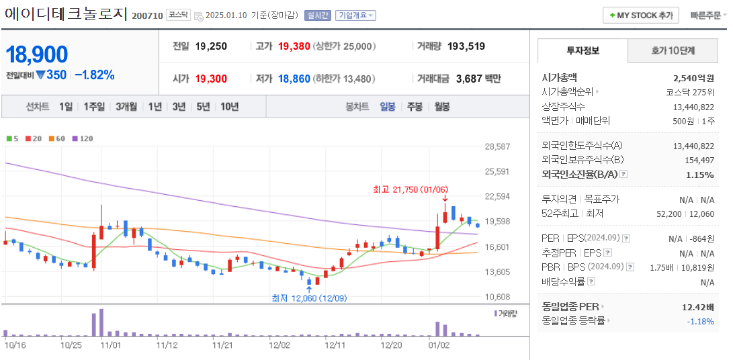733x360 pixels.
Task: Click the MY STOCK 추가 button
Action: (x=641, y=15)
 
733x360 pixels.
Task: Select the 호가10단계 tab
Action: (x=673, y=50)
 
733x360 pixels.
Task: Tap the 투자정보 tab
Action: (x=583, y=50)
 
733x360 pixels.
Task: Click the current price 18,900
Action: (x=38, y=54)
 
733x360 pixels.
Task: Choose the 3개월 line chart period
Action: (x=126, y=106)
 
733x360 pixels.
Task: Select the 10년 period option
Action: (x=229, y=106)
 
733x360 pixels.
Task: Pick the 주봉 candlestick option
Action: (x=415, y=106)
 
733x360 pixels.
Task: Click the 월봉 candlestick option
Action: (x=441, y=106)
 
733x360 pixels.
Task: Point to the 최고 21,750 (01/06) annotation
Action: (x=411, y=189)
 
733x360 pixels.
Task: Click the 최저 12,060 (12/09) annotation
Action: (x=309, y=298)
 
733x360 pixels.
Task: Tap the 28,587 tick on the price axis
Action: (x=497, y=146)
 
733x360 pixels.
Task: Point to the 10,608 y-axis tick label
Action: (x=497, y=297)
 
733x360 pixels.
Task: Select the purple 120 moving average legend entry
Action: (x=83, y=138)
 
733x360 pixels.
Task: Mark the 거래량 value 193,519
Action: (x=466, y=46)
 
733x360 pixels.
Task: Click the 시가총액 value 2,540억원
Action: (x=693, y=78)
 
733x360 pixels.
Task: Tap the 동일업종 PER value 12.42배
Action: (x=697, y=307)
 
